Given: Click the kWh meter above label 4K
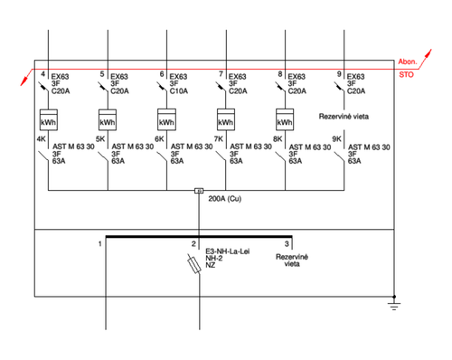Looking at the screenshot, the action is click(49, 119).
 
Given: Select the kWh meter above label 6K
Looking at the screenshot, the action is click(166, 119).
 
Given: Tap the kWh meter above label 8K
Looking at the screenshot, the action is click(285, 119).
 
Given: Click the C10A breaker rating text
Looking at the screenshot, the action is click(179, 91).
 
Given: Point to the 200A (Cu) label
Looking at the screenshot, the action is click(225, 199).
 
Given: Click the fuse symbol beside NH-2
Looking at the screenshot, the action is click(194, 265).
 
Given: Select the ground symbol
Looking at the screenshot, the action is click(394, 305).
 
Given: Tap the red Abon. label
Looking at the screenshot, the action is click(408, 62).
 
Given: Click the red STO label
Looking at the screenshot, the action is click(406, 74).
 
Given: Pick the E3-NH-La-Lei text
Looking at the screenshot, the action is click(228, 251).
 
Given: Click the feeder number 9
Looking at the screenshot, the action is click(339, 74).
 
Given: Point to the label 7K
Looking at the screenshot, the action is click(219, 139).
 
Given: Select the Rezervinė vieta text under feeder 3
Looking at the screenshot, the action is click(292, 261).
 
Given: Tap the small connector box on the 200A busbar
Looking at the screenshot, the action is click(199, 191).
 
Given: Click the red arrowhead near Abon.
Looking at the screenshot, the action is click(428, 53).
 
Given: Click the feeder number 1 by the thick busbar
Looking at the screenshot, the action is click(100, 243).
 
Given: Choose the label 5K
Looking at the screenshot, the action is click(100, 139).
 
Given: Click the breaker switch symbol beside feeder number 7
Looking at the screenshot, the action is click(221, 87).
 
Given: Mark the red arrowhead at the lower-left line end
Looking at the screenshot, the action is click(24, 81).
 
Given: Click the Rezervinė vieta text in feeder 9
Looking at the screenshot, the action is click(344, 117).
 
